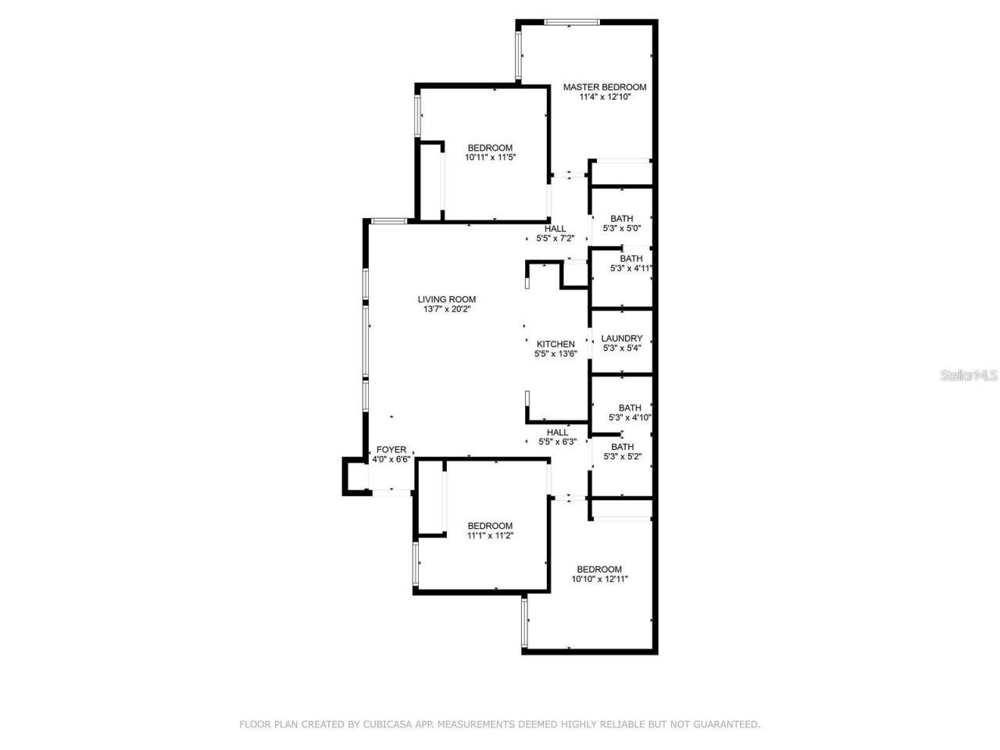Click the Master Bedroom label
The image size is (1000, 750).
click(605, 87)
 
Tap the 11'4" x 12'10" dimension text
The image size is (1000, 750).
click(605, 98)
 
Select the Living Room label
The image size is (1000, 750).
click(446, 299)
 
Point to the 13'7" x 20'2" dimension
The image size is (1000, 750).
click(446, 309)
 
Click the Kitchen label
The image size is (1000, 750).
click(555, 344)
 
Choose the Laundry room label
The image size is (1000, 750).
click(622, 338)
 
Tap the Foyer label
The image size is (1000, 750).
click(391, 449)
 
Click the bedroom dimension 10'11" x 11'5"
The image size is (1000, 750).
click(490, 158)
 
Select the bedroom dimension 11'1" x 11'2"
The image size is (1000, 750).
click(490, 536)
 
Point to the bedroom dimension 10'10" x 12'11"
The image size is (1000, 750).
click(599, 580)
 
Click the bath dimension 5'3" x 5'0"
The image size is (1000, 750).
click(622, 229)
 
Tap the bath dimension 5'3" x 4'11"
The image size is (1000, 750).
click(630, 269)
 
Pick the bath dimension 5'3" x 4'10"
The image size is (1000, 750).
click(630, 418)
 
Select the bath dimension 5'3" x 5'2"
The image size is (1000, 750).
click(623, 457)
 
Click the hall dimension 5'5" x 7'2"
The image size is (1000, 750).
click(555, 239)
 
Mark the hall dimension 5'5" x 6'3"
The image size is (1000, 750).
click(558, 442)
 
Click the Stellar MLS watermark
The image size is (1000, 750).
click(969, 376)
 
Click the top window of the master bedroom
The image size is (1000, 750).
click(573, 22)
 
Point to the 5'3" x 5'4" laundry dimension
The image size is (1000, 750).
click(622, 348)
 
